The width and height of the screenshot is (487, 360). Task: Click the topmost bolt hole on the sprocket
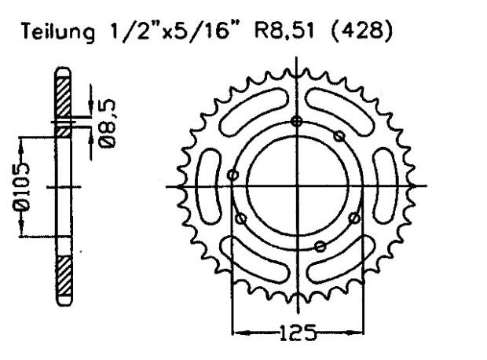(x=296, y=121)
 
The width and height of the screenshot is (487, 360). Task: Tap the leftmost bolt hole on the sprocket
(x=233, y=174)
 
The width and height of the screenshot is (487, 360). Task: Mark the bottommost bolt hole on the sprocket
(x=320, y=246)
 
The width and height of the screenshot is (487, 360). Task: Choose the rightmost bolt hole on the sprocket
(x=354, y=217)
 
